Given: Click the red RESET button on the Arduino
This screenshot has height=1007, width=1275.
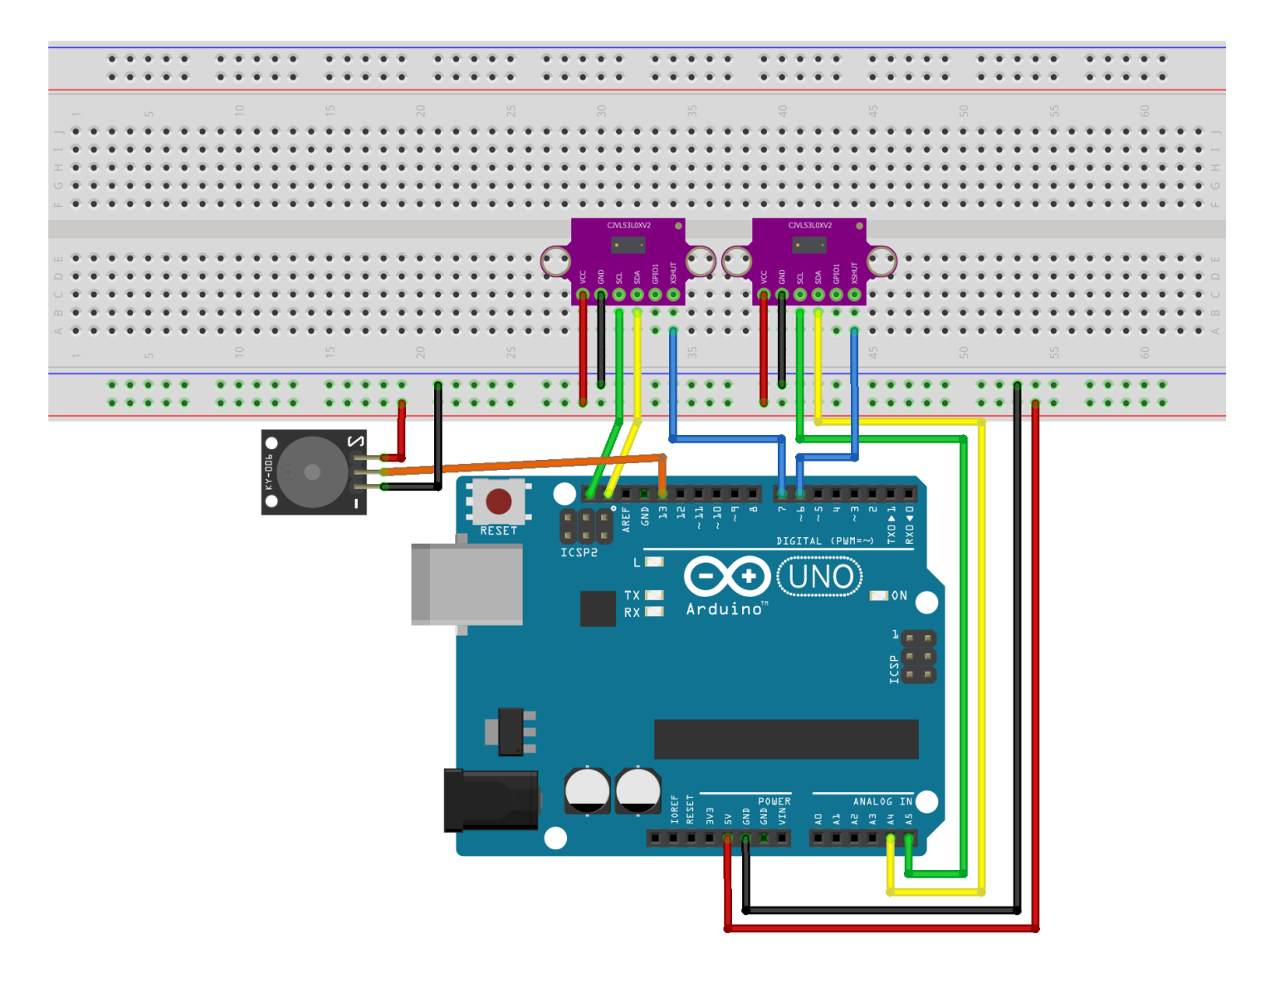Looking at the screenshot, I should [x=498, y=501].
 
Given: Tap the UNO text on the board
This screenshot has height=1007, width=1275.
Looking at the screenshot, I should [x=819, y=576].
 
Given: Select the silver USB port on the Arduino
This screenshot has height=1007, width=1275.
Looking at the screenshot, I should [x=467, y=584].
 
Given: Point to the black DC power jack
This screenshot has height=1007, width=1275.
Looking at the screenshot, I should [x=491, y=800].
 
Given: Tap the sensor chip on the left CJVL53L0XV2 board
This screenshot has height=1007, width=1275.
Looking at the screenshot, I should [x=628, y=245].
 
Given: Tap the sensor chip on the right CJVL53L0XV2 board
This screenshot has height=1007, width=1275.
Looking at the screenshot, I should [x=809, y=245].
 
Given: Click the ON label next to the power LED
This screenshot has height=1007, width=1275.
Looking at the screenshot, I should [x=899, y=596].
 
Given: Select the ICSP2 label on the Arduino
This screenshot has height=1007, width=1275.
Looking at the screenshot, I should [x=579, y=553].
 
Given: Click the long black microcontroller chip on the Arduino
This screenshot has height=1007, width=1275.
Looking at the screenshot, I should [x=785, y=739].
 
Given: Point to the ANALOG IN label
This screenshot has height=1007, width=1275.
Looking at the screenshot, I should [x=882, y=801].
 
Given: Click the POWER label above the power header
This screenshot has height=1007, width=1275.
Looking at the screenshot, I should [x=774, y=801].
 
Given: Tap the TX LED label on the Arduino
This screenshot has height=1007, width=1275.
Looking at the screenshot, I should [x=632, y=595].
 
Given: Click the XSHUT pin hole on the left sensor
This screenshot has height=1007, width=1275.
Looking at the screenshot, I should [x=673, y=295].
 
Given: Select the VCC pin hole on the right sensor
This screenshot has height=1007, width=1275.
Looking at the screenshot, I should [x=764, y=295].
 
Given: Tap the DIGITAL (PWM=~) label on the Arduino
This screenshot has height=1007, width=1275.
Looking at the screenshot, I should [x=824, y=541].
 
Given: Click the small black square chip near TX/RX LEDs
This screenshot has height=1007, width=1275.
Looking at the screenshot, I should [x=598, y=609].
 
